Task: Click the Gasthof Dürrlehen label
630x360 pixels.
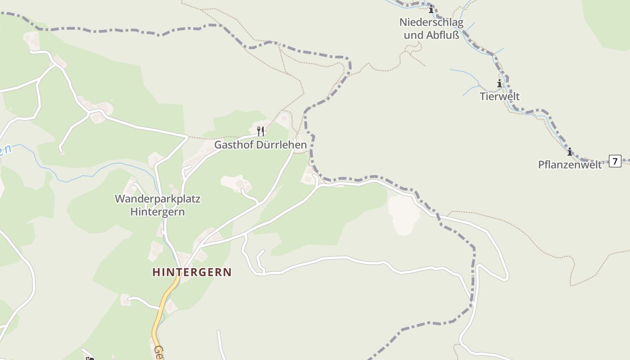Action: click(260, 145)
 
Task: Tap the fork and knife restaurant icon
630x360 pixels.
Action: click(260, 131)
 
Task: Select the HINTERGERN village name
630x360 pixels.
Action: click(192, 272)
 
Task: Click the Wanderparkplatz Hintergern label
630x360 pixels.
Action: click(157, 205)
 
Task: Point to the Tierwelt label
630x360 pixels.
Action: click(499, 96)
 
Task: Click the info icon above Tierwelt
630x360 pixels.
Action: click(499, 83)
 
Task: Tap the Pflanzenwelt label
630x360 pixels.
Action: click(570, 165)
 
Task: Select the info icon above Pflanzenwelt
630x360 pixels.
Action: click(569, 152)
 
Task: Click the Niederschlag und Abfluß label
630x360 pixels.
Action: click(431, 28)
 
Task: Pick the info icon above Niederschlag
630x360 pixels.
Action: click(431, 9)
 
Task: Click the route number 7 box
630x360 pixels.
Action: click(615, 161)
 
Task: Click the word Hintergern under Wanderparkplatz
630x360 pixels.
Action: click(157, 211)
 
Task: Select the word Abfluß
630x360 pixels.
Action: click(443, 35)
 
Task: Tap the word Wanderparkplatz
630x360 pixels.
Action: click(157, 198)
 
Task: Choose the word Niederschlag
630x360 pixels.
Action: click(431, 22)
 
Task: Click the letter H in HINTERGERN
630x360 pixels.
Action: click(156, 272)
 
